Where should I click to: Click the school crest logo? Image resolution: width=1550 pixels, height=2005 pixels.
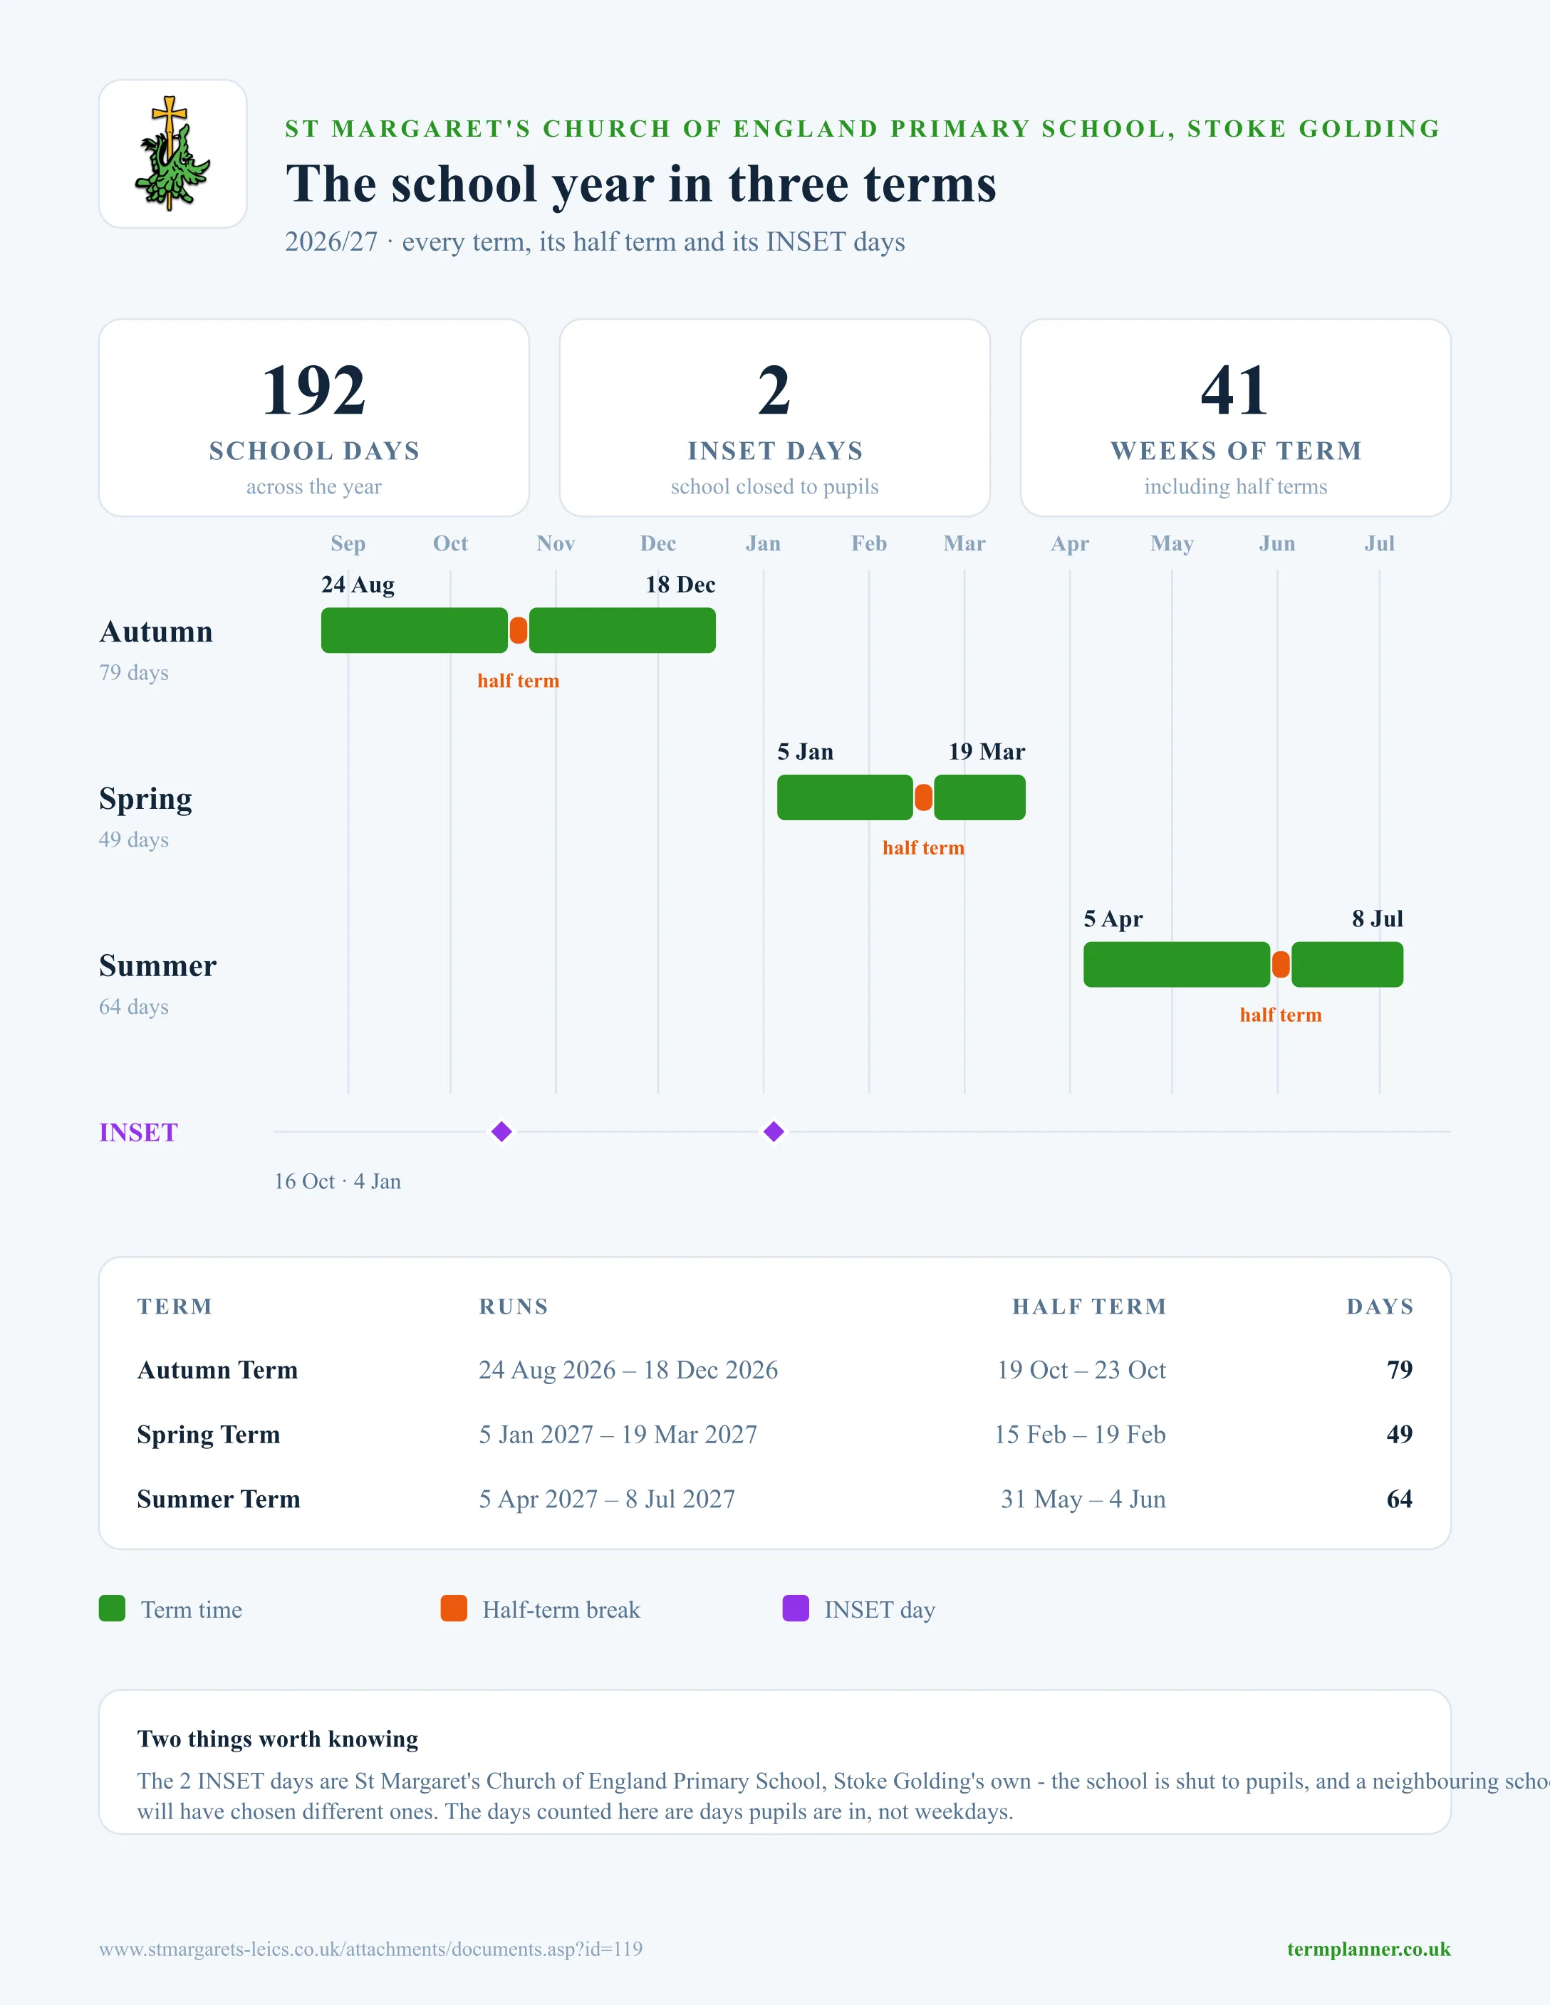172,153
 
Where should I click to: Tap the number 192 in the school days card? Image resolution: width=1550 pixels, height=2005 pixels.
314,390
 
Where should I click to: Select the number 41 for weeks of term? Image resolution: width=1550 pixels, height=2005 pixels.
1235,390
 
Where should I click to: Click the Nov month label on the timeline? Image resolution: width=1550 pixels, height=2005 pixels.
556,543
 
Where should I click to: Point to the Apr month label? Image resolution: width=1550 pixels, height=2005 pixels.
1070,543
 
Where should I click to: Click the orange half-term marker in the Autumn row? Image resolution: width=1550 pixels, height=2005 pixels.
519,631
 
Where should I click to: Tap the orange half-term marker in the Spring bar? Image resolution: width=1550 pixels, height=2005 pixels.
924,797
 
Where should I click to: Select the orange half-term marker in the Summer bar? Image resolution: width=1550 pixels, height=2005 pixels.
1281,965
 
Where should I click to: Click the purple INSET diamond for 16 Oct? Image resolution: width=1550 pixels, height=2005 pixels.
501,1132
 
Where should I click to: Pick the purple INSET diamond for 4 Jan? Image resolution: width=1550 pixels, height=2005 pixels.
774,1132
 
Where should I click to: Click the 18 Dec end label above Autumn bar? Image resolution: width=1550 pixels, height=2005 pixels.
680,585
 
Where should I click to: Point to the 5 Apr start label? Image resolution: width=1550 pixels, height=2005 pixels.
1113,919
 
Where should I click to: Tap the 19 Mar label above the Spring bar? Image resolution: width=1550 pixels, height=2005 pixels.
987,752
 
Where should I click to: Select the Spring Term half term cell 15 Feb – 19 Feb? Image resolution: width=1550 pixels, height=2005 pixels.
1080,1434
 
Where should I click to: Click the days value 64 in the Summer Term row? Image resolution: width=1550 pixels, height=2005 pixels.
1400,1499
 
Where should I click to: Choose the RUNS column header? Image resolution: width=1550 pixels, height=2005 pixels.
514,1307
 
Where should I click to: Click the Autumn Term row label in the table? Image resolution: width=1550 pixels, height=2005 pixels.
218,1370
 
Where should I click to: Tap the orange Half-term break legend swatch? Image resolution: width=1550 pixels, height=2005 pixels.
454,1608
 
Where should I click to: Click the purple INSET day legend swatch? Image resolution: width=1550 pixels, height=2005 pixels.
795,1608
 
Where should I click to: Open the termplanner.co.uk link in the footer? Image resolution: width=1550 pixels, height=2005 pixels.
1368,1949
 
